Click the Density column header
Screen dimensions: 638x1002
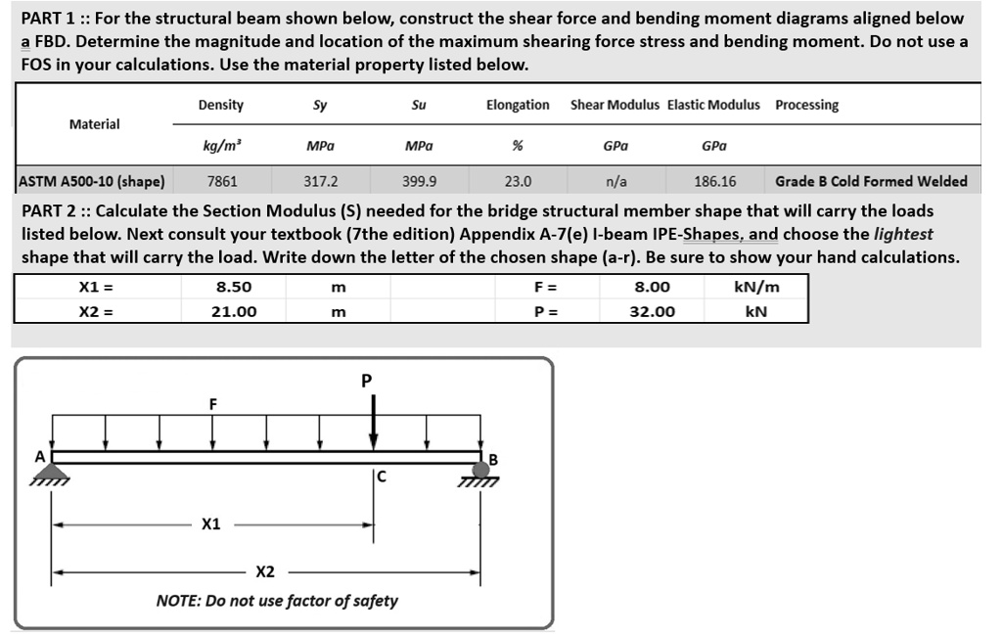(220, 106)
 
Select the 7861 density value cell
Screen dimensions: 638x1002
(221, 181)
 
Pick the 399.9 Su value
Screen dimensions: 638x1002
(420, 181)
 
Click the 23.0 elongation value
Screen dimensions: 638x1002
(518, 181)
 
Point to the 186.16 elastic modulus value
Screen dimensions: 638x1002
(714, 181)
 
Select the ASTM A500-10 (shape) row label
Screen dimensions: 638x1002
(92, 181)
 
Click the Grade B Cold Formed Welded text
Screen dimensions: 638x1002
(871, 181)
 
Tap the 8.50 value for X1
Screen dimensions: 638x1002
(234, 287)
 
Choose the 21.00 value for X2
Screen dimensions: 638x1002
(234, 311)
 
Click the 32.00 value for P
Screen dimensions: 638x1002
(654, 311)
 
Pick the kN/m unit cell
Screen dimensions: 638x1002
(755, 287)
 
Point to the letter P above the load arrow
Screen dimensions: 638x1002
(367, 380)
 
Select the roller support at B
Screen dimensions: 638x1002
(481, 471)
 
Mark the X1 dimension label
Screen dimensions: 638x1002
(210, 524)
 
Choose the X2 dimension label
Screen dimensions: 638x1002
(264, 571)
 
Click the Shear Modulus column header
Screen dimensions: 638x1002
(615, 106)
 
